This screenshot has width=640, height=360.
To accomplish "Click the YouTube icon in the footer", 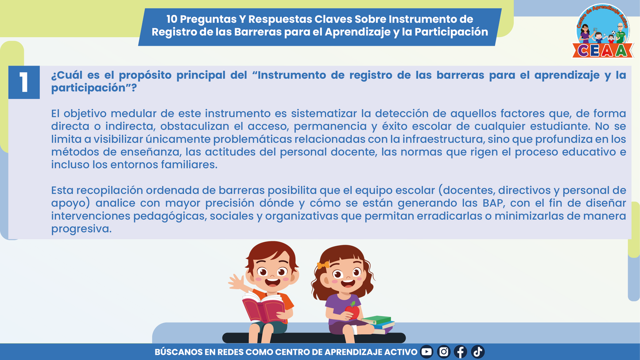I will click(426, 352).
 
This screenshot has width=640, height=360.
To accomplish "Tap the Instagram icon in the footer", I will click(443, 352).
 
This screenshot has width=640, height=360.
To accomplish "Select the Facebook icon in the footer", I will click(461, 352).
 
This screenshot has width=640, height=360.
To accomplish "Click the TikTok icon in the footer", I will click(477, 352).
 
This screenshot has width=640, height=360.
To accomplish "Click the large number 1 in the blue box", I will click(24, 82).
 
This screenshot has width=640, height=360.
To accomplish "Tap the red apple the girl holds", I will click(353, 311).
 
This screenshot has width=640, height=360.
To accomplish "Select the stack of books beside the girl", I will click(378, 324).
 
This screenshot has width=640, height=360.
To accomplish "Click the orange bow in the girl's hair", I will click(323, 265).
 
